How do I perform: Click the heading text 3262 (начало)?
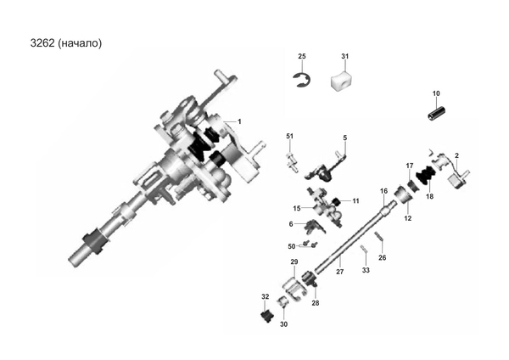point(66,43)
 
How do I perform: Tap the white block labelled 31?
point(342,82)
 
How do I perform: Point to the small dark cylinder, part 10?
point(436,114)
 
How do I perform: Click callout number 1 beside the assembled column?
point(239,121)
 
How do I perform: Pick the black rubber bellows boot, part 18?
point(426,176)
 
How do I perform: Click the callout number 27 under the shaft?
point(340,272)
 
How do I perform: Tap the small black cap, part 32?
point(267,316)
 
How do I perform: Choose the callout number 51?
point(289,136)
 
